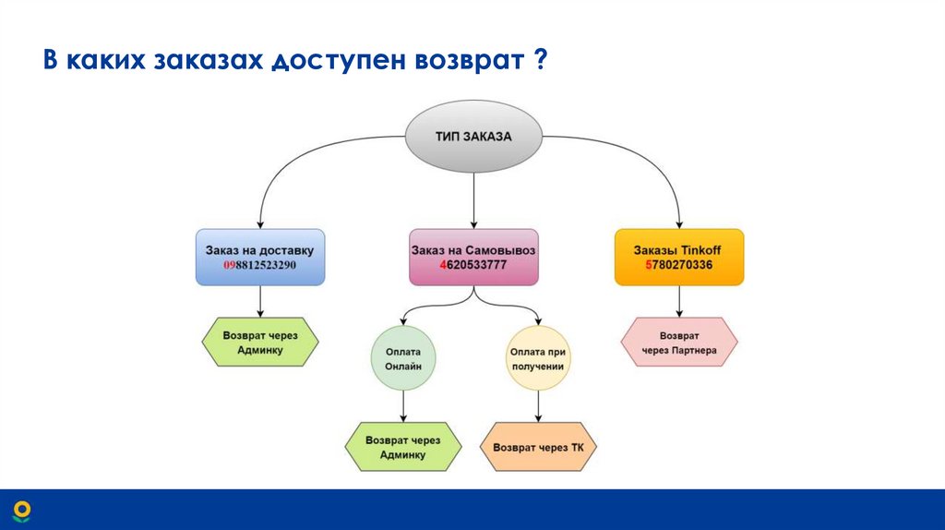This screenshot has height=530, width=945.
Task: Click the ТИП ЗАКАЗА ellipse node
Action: click(x=473, y=137)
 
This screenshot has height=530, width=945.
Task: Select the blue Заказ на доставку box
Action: click(x=259, y=257)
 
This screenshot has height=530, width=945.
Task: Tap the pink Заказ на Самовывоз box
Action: click(x=473, y=257)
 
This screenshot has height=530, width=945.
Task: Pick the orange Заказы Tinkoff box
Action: click(x=678, y=257)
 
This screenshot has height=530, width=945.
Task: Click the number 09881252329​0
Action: click(x=259, y=266)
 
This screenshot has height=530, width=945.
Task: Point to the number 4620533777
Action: click(x=473, y=266)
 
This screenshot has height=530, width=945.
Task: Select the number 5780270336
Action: click(x=678, y=266)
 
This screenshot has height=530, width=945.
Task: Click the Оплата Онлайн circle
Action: click(x=402, y=357)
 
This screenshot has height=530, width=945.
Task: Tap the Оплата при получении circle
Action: click(x=536, y=357)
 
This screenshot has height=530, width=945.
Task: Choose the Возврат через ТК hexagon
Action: click(x=539, y=448)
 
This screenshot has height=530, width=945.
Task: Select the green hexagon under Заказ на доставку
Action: click(x=260, y=343)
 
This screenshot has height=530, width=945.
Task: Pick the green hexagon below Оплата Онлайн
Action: click(x=402, y=448)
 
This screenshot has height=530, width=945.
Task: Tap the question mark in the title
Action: click(x=537, y=62)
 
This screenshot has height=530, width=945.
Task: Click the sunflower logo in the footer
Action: click(x=21, y=511)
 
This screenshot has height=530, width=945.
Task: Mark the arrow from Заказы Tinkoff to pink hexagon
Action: click(x=679, y=301)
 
